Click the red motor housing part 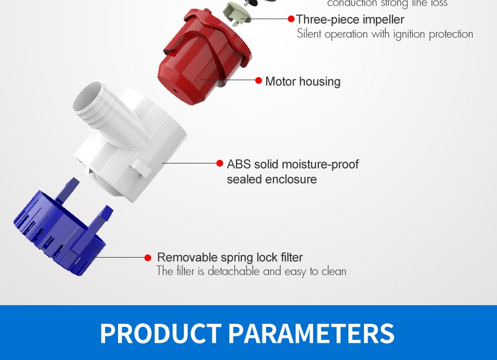(203, 57)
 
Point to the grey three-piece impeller (237, 12)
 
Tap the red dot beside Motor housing (259, 81)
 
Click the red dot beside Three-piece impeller (291, 19)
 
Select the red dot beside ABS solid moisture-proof (220, 163)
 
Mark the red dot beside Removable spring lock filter (148, 258)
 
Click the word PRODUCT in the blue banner (160, 334)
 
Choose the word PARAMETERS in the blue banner (311, 334)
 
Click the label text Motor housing (303, 82)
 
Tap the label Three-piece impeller (350, 20)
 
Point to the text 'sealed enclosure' (272, 179)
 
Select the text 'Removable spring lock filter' (230, 258)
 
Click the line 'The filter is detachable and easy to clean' (252, 272)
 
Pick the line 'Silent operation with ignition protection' (385, 34)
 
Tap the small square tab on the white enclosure (140, 168)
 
